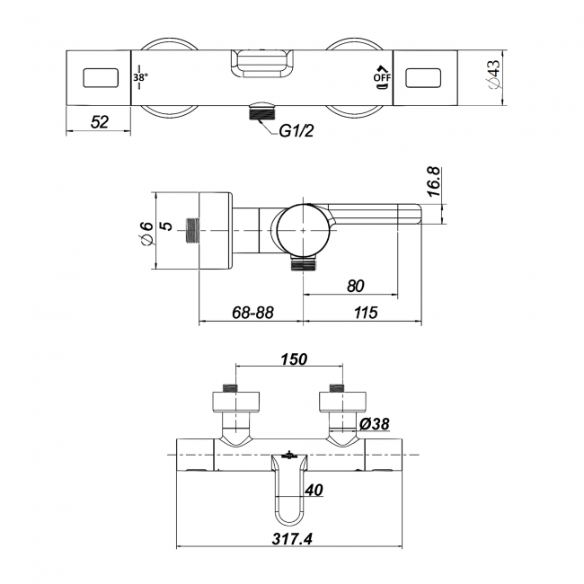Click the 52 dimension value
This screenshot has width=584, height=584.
pos(99,122)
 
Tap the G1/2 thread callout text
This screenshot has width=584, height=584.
pos(296,131)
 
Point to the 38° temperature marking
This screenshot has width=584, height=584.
pos(140,78)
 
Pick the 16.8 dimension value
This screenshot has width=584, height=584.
pos(433,182)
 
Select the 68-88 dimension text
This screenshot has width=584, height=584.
pos(251,312)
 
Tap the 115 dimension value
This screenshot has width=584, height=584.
pos(365,312)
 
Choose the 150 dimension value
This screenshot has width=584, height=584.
pos(294,358)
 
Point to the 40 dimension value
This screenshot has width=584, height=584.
pos(314,491)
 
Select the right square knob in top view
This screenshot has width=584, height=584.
pos(426,79)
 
